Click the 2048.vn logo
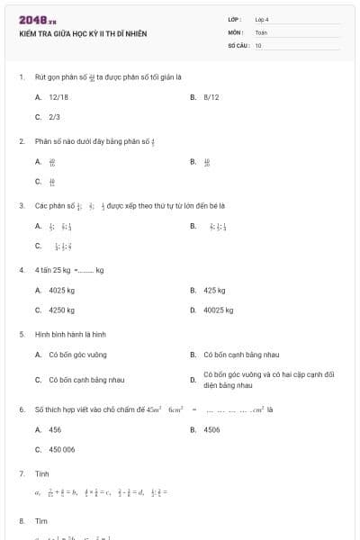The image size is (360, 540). tap(38, 20)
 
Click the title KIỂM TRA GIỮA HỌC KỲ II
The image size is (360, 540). tap(83, 34)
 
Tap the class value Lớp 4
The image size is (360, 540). tap(262, 19)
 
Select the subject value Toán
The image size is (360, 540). tap(261, 31)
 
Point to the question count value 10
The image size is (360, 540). tap(258, 45)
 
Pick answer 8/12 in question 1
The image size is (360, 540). tap(211, 96)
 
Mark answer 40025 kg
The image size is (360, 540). tap(219, 310)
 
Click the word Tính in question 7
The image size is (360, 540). tap(41, 473)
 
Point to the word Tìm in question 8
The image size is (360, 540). tap(40, 521)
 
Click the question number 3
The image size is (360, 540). tap(22, 205)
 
